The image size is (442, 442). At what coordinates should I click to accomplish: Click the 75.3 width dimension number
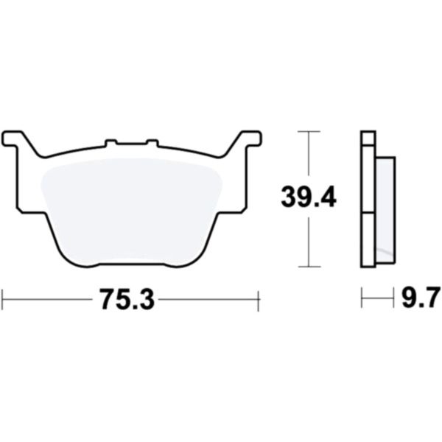click(127, 300)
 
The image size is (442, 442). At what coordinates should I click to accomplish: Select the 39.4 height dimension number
click(309, 197)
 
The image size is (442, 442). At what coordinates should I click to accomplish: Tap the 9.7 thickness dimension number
click(421, 298)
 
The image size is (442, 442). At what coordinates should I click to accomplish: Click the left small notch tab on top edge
click(110, 143)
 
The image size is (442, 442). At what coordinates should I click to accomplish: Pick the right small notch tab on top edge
click(152, 143)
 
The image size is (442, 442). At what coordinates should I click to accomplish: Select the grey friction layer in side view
click(385, 210)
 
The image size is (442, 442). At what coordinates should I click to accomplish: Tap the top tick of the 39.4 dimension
click(309, 131)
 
